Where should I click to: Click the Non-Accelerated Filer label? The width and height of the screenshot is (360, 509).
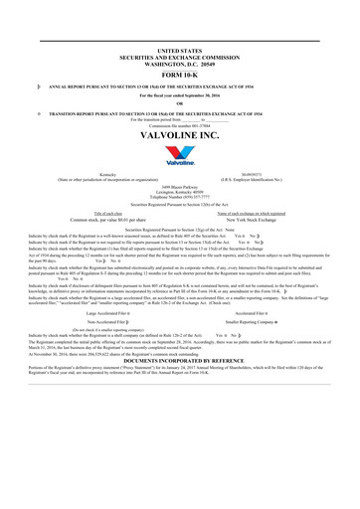107,323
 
